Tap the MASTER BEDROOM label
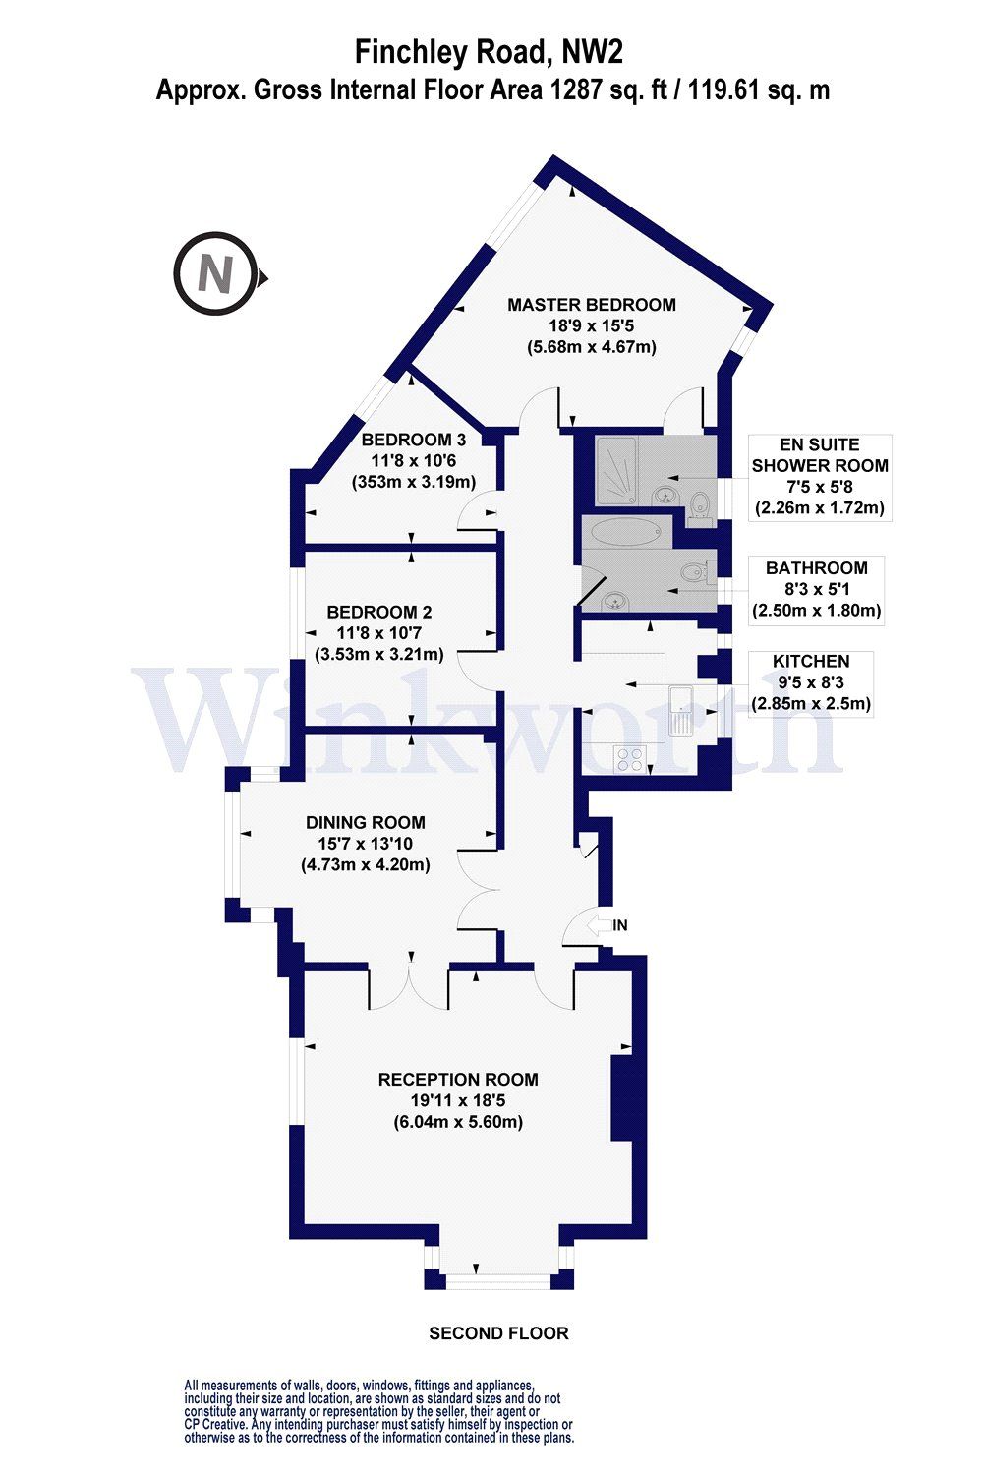click(x=591, y=305)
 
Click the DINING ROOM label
click(x=365, y=822)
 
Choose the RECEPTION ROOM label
click(x=458, y=1079)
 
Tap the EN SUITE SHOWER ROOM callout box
click(x=819, y=477)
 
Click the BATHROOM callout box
click(x=816, y=588)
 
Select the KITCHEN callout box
click(x=811, y=682)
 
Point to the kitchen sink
click(x=680, y=710)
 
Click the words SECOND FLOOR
click(x=498, y=1333)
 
